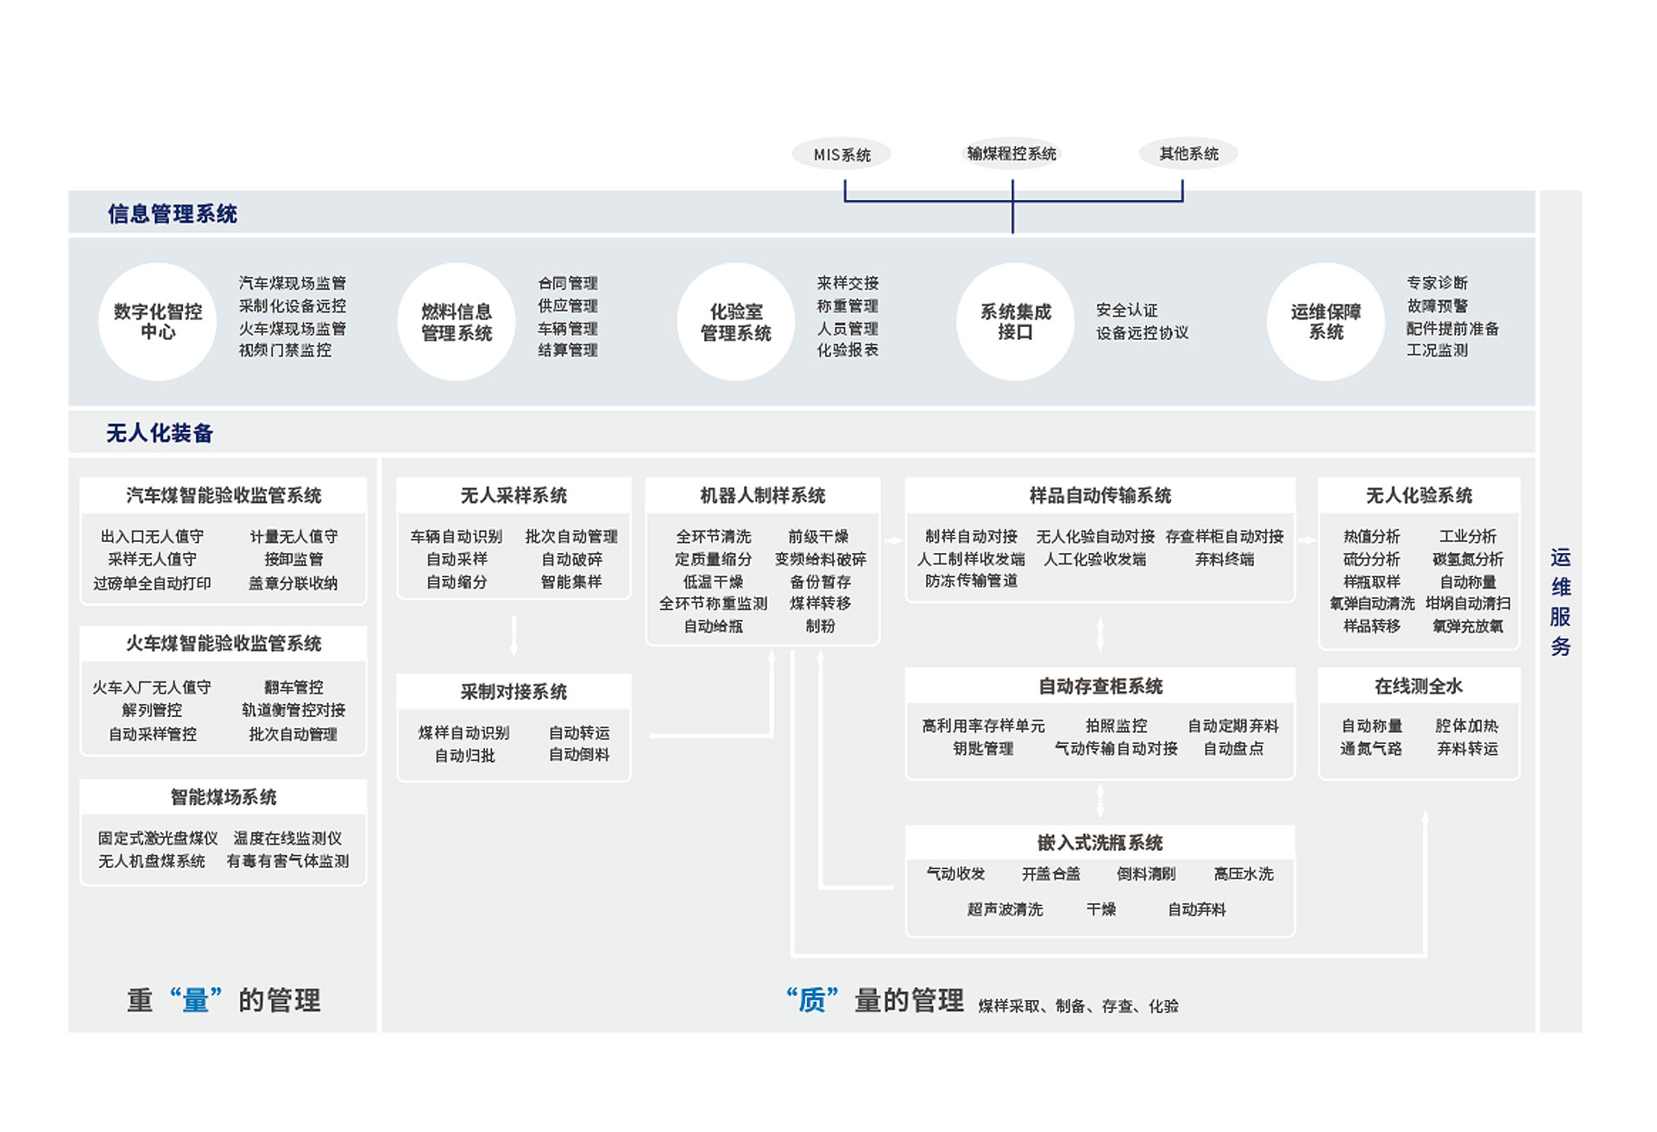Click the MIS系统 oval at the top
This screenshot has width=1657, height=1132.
(841, 154)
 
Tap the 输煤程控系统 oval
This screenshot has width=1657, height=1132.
(1011, 154)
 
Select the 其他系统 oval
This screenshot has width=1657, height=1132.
(1188, 154)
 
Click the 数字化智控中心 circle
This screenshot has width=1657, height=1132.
(158, 322)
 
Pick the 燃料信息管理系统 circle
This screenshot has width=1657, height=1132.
(457, 322)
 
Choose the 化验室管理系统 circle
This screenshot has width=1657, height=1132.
(735, 322)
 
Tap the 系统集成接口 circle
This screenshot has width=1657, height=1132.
(1015, 322)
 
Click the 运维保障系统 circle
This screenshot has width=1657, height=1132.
(1326, 322)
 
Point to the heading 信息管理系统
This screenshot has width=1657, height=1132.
(173, 214)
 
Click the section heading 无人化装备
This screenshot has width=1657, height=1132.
(160, 433)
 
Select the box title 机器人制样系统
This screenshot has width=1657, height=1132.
(762, 495)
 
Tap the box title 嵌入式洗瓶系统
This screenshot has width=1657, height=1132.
(1099, 842)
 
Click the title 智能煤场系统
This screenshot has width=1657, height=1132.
(224, 797)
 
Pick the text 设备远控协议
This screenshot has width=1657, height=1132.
(1142, 333)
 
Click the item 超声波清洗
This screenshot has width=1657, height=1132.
(1005, 909)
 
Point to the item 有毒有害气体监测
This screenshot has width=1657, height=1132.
(287, 861)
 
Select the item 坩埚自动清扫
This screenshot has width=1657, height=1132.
(1467, 604)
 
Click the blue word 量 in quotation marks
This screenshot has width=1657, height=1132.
(196, 1001)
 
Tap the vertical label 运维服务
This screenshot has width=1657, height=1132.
(1560, 601)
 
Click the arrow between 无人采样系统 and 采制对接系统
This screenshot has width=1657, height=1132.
(513, 637)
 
